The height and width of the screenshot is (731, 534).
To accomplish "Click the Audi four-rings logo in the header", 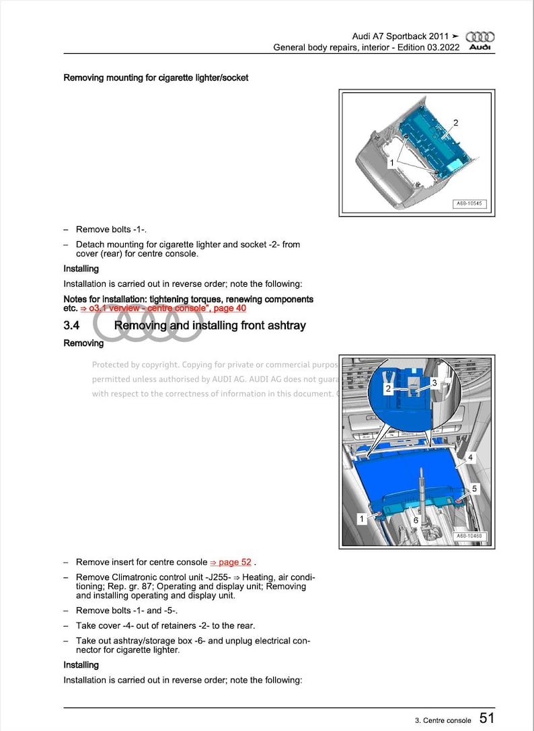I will click(480, 36).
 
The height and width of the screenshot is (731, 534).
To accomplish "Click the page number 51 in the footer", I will click(487, 719).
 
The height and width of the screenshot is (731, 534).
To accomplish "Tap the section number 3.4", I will click(72, 326).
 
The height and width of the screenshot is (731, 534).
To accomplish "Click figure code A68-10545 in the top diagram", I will click(469, 204).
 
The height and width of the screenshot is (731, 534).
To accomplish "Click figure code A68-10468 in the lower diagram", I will click(469, 536).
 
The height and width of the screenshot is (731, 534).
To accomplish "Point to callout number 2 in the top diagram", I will click(455, 123).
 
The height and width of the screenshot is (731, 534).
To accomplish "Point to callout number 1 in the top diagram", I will click(391, 163).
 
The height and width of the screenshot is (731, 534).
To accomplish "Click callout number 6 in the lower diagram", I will click(416, 520).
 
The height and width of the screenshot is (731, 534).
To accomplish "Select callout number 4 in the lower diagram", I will click(470, 458).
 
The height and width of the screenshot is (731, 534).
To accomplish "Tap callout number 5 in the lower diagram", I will click(474, 489).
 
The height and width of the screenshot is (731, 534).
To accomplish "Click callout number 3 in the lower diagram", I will click(434, 382).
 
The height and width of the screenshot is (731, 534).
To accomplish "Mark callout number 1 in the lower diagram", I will click(362, 519).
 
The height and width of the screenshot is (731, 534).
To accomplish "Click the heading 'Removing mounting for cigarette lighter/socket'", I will click(155, 77).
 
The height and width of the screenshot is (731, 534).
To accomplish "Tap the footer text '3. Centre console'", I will click(443, 720).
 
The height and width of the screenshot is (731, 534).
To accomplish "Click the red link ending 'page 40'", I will click(229, 308).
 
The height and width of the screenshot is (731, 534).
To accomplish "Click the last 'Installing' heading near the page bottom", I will click(81, 665).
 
